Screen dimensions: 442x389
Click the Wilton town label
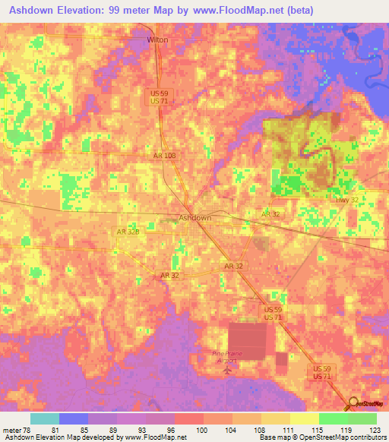(x=158, y=39)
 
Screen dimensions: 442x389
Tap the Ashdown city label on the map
(x=194, y=218)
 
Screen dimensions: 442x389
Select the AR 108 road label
(x=164, y=155)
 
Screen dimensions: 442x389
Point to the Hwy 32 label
(x=347, y=199)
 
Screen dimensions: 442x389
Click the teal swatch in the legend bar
(x=45, y=418)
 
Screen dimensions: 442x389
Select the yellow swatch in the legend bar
(x=305, y=418)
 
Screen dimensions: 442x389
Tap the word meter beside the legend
(x=11, y=429)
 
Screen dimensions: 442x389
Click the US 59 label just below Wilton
(x=157, y=93)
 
